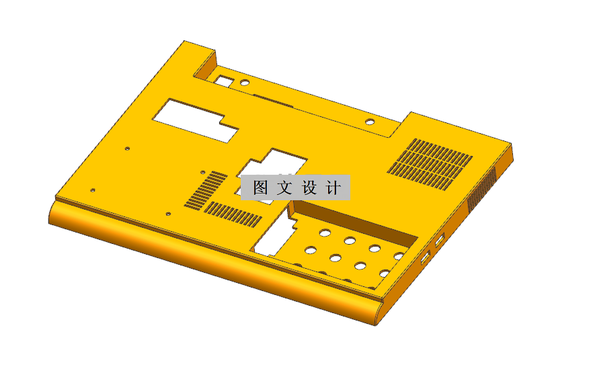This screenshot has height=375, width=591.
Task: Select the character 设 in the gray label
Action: click(x=309, y=188)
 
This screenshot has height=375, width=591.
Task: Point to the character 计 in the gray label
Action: click(x=333, y=188)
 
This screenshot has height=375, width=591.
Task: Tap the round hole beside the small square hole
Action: click(x=245, y=83)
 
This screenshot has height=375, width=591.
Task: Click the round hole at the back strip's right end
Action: click(x=370, y=122)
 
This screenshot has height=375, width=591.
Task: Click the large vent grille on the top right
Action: click(x=430, y=163)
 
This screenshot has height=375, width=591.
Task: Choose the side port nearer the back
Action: click(x=440, y=240)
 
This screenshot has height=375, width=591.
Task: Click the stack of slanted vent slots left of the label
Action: click(x=205, y=188)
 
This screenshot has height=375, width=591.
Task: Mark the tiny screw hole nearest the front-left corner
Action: click(x=93, y=190)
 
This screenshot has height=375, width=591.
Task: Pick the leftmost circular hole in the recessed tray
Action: click(x=311, y=250)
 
